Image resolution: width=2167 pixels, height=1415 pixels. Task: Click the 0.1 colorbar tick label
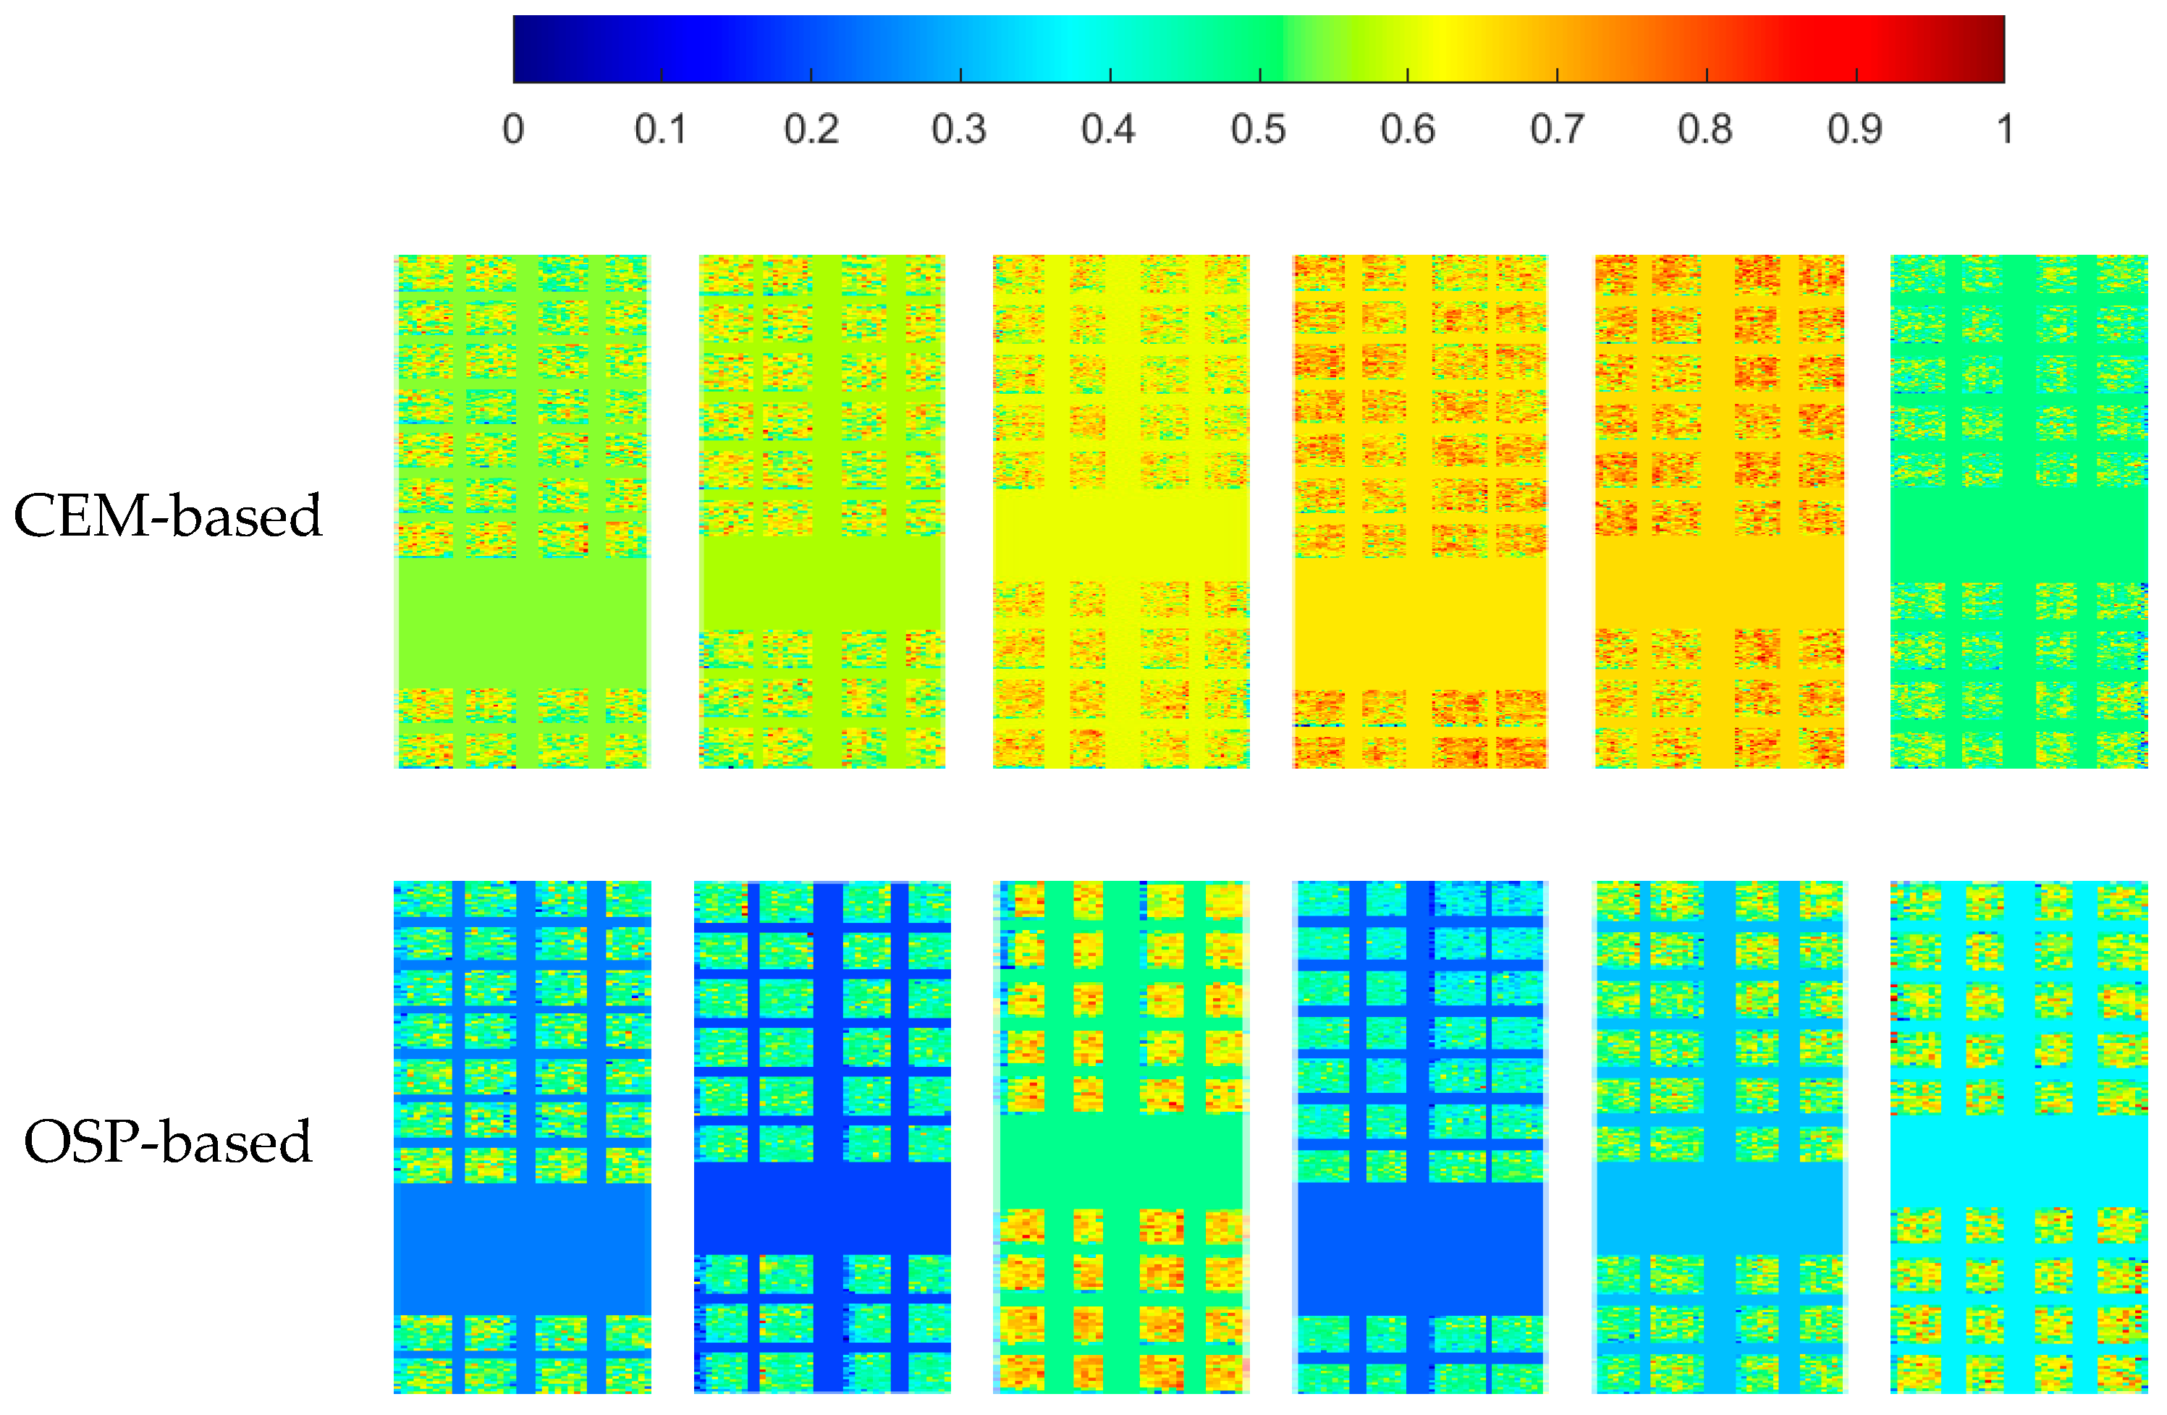[660, 130]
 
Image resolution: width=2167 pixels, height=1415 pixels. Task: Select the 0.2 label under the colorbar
[811, 130]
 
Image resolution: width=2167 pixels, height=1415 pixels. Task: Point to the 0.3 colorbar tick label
[959, 130]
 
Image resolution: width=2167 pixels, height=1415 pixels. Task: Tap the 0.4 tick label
[1108, 130]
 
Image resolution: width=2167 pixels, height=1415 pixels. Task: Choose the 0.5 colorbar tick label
[1259, 130]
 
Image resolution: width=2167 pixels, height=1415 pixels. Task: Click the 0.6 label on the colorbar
[1408, 130]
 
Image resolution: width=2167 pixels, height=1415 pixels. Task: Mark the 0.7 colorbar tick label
[1557, 130]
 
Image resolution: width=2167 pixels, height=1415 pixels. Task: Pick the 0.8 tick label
[1705, 130]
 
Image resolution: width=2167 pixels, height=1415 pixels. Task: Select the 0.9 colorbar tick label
[1855, 130]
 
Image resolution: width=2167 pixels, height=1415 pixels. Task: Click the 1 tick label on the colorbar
[2005, 130]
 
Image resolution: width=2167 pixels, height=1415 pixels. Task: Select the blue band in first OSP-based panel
[522, 1248]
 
